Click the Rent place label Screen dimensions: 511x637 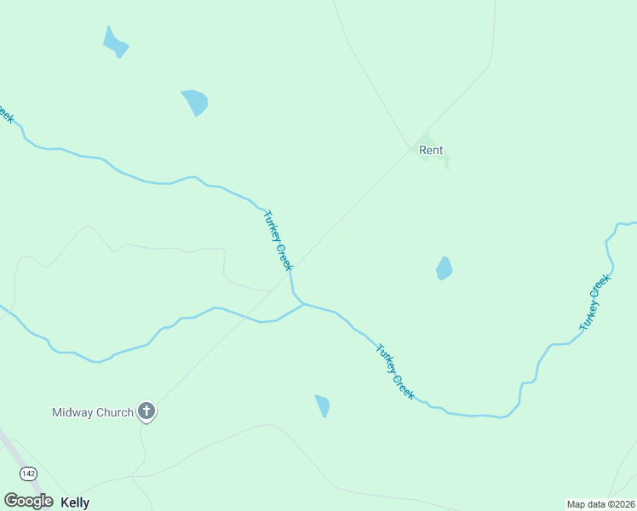coord(431,151)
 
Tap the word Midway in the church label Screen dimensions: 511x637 coord(71,413)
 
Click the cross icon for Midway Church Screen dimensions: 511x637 coord(146,412)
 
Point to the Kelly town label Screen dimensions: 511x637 coord(75,502)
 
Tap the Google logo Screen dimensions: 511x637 coord(28,501)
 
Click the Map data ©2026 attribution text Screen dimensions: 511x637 coord(600,504)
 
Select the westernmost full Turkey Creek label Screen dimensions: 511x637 coord(278,240)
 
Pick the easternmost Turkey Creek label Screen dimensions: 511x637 coord(595,303)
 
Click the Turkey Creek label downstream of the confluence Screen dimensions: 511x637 coord(395,371)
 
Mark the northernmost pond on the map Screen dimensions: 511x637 coord(115,42)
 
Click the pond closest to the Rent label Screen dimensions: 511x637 coord(444,268)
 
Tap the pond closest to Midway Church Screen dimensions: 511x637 coord(322,405)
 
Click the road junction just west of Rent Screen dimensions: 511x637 coord(410,148)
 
